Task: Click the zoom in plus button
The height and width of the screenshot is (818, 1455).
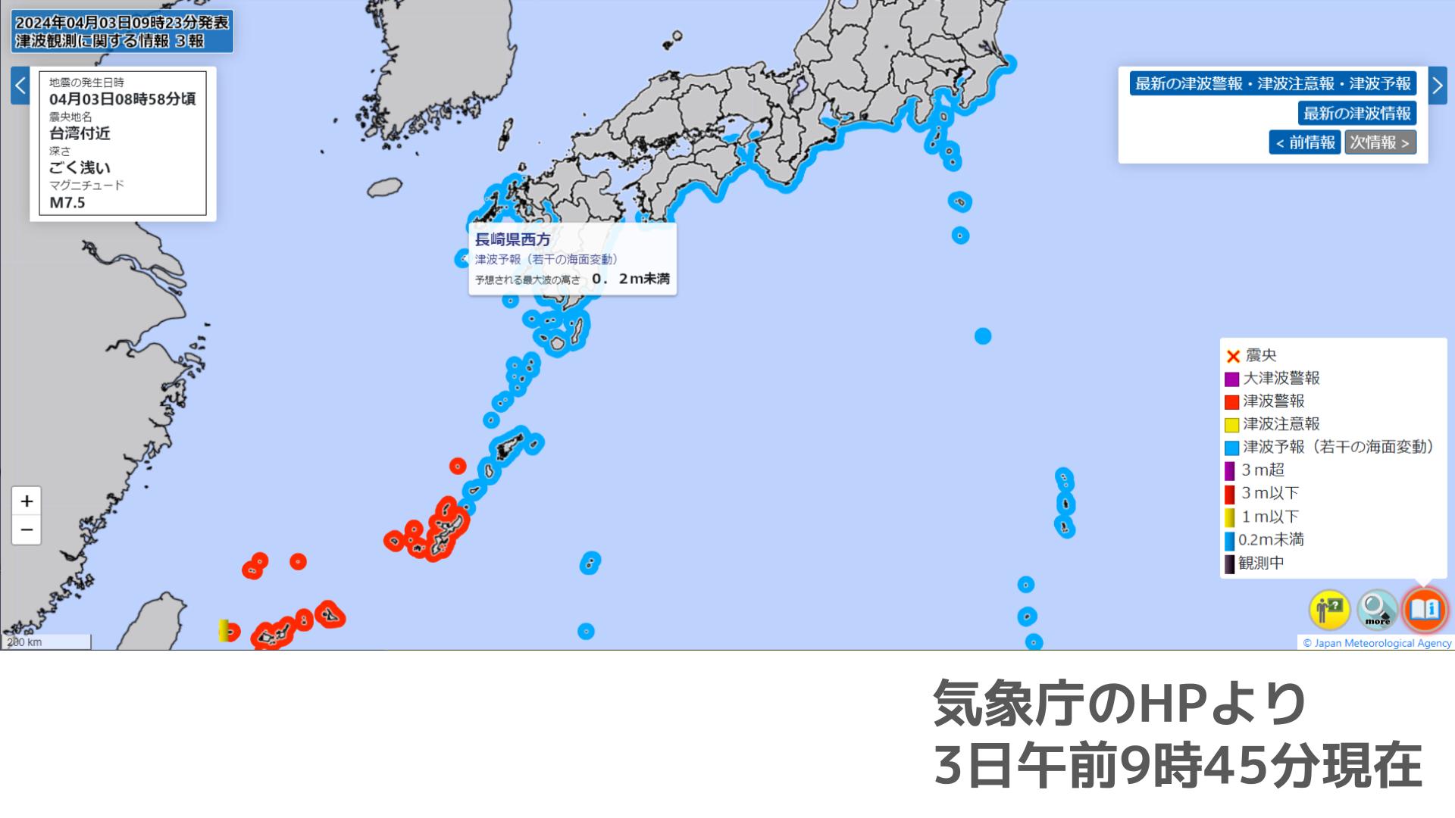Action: point(27,501)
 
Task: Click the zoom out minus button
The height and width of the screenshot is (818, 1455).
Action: point(27,529)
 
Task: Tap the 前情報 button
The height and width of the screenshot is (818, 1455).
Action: point(1305,142)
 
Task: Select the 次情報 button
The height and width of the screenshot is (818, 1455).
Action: point(1380,142)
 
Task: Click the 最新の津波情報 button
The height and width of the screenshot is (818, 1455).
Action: point(1356,114)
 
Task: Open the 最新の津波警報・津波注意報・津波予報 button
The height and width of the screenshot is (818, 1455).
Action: point(1273,83)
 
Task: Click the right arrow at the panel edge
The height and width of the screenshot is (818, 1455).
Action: point(1438,85)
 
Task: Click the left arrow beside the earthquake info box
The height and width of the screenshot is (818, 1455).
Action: point(20,85)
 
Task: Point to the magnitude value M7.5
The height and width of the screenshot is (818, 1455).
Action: point(67,203)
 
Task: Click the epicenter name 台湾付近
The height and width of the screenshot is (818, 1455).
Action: point(80,133)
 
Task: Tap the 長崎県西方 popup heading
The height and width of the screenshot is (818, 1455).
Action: point(513,240)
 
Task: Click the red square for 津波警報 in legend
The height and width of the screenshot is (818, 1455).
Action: point(1231,402)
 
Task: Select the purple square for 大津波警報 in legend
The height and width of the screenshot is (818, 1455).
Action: point(1231,379)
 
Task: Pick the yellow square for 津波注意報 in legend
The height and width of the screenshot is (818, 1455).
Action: point(1231,425)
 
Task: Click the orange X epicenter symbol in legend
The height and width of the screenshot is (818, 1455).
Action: point(1233,356)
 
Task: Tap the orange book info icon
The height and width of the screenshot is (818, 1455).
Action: point(1425,610)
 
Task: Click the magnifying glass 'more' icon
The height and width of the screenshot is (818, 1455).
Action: point(1377,610)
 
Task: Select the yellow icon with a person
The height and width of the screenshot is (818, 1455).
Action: point(1330,610)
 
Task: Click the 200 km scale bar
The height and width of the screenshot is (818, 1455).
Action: point(45,642)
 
